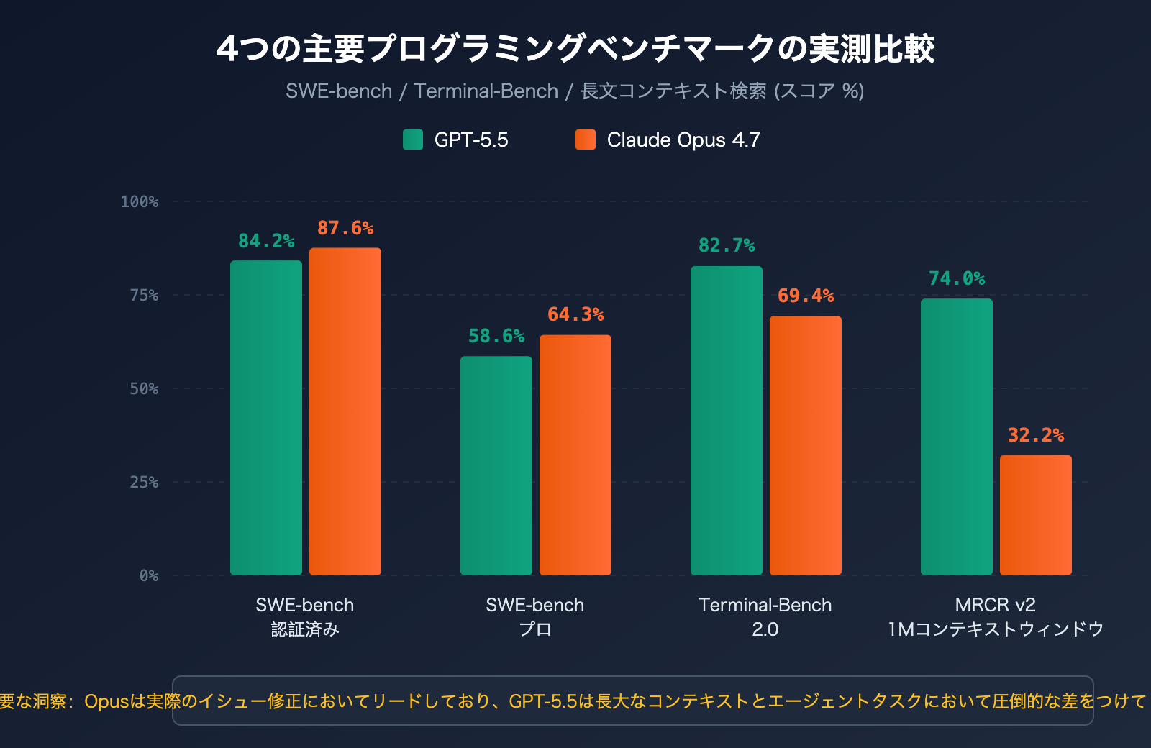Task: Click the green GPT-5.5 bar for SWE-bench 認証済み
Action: pyautogui.click(x=266, y=417)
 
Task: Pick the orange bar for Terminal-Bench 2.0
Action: pyautogui.click(x=806, y=445)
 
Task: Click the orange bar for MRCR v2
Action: pyautogui.click(x=1036, y=515)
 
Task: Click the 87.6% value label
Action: pyautogui.click(x=345, y=228)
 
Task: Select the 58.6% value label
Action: pyautogui.click(x=496, y=336)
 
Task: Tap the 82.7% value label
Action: pyautogui.click(x=727, y=245)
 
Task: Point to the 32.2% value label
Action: pyautogui.click(x=1036, y=435)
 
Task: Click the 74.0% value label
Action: pyautogui.click(x=957, y=278)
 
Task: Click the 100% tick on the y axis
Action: pyautogui.click(x=140, y=201)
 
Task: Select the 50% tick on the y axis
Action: pyautogui.click(x=144, y=388)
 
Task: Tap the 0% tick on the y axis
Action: pyautogui.click(x=149, y=575)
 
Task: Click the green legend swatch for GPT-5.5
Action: pyautogui.click(x=413, y=140)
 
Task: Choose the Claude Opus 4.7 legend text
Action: pyautogui.click(x=683, y=140)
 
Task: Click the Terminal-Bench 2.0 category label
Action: pyautogui.click(x=765, y=616)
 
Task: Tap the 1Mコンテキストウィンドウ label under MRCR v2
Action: pyautogui.click(x=996, y=629)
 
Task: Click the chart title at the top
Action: pyautogui.click(x=575, y=49)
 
